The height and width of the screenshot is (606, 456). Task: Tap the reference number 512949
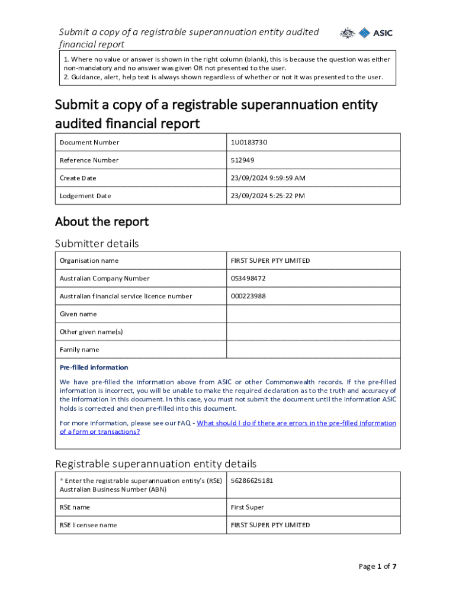tap(242, 160)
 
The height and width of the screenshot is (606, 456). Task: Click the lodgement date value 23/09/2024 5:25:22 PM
tap(268, 196)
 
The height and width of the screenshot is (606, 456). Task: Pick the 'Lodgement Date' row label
tap(85, 196)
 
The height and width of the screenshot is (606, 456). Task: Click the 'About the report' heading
tap(102, 222)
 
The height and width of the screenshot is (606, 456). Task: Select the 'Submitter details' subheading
tap(97, 244)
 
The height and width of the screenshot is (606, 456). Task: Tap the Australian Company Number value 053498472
tap(248, 279)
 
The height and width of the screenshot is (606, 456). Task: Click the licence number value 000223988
tap(248, 296)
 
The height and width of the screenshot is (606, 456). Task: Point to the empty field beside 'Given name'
tap(313, 314)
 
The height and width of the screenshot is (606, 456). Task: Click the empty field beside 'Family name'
tap(313, 350)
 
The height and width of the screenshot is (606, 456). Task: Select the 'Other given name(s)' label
tap(91, 332)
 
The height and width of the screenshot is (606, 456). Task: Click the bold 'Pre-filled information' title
tap(94, 368)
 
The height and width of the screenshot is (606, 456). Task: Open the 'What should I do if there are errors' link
tap(296, 423)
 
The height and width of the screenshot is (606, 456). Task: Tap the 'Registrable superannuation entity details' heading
tap(156, 463)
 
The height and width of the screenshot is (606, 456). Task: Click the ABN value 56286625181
tap(252, 481)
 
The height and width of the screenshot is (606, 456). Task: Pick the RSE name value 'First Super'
tap(248, 508)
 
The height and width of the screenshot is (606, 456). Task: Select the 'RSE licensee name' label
tap(88, 526)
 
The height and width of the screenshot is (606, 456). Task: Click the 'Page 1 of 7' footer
tap(377, 566)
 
